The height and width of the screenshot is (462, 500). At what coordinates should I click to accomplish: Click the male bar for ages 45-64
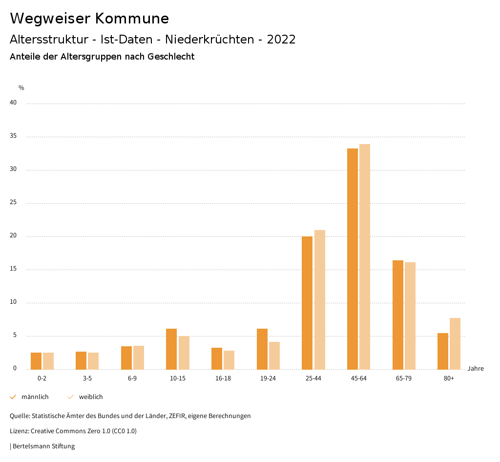pyautogui.click(x=353, y=259)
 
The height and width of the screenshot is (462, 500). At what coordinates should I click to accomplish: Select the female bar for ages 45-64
pyautogui.click(x=365, y=257)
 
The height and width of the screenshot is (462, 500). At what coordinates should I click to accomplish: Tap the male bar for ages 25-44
pyautogui.click(x=307, y=303)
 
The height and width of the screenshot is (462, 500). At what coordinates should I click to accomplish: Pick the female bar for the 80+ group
pyautogui.click(x=455, y=344)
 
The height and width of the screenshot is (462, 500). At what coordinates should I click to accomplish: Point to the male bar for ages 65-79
pyautogui.click(x=398, y=315)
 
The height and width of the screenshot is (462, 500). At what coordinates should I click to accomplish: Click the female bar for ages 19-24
pyautogui.click(x=274, y=356)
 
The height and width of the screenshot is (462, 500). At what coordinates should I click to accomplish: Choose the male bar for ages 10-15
pyautogui.click(x=171, y=349)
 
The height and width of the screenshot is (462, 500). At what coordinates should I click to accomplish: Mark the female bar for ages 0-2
pyautogui.click(x=48, y=361)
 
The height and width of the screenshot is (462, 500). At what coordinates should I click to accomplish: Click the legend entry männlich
pyautogui.click(x=35, y=397)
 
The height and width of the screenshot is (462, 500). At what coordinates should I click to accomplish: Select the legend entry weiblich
pyautogui.click(x=91, y=397)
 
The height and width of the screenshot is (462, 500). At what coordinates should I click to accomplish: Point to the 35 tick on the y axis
pyautogui.click(x=13, y=136)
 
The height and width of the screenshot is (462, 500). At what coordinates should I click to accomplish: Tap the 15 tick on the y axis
pyautogui.click(x=13, y=269)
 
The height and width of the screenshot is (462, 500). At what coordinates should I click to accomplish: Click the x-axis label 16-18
pyautogui.click(x=223, y=378)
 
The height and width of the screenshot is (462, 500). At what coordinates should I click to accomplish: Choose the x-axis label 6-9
pyautogui.click(x=132, y=378)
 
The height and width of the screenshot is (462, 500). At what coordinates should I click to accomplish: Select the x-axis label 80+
pyautogui.click(x=449, y=378)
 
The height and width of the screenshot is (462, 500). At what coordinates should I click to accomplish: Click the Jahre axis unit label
pyautogui.click(x=476, y=369)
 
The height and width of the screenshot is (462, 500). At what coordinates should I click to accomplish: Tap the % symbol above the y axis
pyautogui.click(x=21, y=88)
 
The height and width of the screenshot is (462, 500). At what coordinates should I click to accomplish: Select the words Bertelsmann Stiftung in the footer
pyautogui.click(x=43, y=446)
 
